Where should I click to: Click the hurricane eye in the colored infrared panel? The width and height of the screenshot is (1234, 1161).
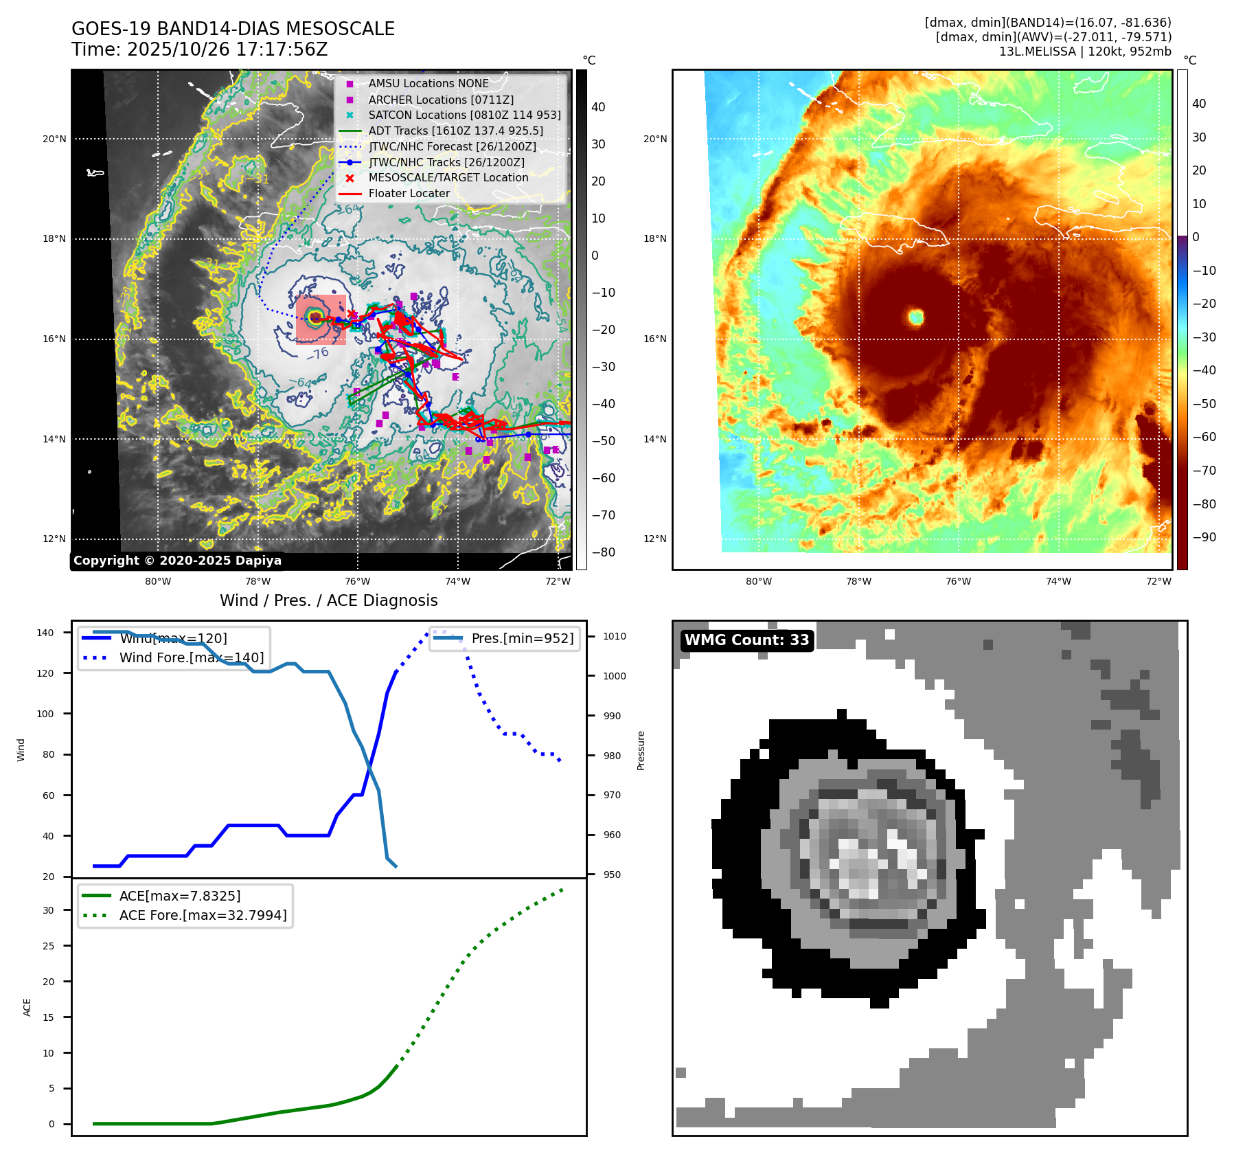coord(915,317)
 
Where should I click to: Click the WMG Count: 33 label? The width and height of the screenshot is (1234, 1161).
coord(746,640)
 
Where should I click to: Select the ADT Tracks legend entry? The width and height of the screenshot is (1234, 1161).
coord(455,131)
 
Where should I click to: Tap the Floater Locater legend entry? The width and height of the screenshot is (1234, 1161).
coord(409,193)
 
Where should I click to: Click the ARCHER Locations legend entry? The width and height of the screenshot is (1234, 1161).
coord(440,100)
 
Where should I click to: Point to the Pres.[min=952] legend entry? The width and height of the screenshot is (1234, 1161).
coord(522,638)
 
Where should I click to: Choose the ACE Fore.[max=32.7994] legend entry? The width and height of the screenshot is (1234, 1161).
coord(203,915)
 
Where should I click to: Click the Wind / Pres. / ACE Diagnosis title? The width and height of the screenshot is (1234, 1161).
coord(328,600)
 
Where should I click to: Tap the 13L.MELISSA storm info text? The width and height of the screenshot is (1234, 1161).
coord(1085,52)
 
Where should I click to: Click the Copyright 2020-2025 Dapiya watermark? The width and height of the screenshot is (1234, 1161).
coord(177,561)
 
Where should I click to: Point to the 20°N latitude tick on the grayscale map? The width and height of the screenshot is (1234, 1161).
coord(54,139)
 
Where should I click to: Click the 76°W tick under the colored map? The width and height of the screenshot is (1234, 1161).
coord(958,581)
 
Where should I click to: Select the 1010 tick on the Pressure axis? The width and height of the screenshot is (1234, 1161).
coord(615,636)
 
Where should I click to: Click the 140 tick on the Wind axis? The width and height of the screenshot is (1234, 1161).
coord(45,633)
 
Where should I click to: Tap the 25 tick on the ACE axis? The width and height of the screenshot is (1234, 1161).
coord(48,946)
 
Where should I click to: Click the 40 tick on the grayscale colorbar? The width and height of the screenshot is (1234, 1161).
coord(598,107)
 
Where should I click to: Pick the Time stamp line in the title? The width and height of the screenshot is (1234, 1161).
coord(199,49)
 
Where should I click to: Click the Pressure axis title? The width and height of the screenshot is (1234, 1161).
coord(641,750)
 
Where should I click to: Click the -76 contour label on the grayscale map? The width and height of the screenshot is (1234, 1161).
coord(317,354)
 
